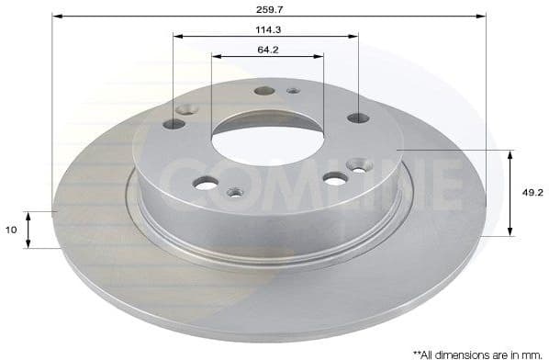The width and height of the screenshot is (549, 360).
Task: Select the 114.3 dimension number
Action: point(268,28)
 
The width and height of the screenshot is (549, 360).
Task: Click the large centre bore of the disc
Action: point(266,143)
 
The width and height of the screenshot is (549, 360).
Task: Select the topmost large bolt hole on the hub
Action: point(264,91)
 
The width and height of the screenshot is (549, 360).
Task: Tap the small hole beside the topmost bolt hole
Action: point(293,90)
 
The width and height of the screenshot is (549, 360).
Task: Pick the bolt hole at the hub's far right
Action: point(358,118)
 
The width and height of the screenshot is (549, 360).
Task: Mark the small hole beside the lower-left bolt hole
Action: point(235,192)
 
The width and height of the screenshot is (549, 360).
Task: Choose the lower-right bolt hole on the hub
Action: point(335,178)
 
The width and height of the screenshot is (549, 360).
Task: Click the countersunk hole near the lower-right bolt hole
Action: point(358,166)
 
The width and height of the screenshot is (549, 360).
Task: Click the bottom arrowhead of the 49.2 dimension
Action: point(510,232)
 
